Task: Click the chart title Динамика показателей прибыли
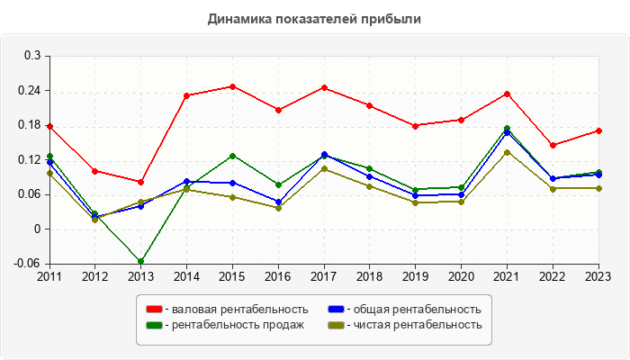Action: [314, 18]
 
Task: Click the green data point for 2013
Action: [140, 262]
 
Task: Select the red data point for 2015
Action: [232, 86]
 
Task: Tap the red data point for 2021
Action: [507, 94]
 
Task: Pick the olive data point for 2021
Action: [507, 152]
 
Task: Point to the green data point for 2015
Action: [232, 156]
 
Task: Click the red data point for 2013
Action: [140, 182]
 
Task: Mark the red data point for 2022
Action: [553, 145]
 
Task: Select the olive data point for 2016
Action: [278, 208]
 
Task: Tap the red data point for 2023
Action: [598, 130]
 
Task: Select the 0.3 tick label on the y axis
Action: [33, 56]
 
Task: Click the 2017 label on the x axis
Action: [324, 275]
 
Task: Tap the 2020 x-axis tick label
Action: [461, 275]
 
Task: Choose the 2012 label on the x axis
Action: [94, 275]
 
